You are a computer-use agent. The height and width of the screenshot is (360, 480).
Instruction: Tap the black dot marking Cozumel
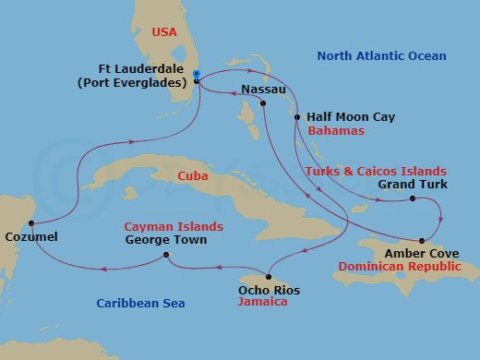click(31, 223)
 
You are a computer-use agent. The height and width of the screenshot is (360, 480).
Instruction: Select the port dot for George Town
click(165, 255)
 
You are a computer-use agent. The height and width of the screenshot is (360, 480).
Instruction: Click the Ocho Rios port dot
click(267, 276)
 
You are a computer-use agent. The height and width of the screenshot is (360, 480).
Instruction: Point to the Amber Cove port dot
click(422, 239)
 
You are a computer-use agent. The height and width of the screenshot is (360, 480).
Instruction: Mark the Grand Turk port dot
click(412, 198)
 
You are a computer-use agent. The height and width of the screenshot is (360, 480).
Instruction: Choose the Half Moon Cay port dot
click(296, 117)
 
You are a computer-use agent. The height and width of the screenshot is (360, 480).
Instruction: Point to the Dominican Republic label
click(400, 265)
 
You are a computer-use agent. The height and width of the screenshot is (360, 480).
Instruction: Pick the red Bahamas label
click(335, 131)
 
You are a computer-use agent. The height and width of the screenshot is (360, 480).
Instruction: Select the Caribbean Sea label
click(141, 303)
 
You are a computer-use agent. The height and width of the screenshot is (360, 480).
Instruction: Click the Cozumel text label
click(30, 237)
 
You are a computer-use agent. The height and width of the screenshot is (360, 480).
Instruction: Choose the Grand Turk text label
click(413, 185)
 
